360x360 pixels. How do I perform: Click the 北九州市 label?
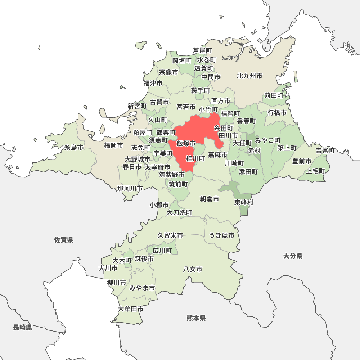point(249,76)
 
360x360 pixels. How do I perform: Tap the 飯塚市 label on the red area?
point(186,144)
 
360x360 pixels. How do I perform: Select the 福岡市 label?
point(113,145)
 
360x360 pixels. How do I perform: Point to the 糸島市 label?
point(74,148)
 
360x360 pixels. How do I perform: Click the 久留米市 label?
point(170,235)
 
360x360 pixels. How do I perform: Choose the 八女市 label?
point(193,269)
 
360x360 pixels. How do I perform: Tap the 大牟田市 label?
point(131,309)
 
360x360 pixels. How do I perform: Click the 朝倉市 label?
point(210,199)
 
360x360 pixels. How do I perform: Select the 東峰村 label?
point(244,202)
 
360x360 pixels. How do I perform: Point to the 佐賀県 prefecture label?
point(64,240)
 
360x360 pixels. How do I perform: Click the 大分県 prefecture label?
point(293,256)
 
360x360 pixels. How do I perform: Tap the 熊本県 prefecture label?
point(196,318)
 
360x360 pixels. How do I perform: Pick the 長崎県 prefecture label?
point(23,327)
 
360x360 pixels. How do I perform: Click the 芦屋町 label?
point(202,50)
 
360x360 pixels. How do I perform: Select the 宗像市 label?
point(168,72)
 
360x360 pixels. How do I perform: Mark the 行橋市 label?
point(277,113)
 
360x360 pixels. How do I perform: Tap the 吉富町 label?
point(325,150)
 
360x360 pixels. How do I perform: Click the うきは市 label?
point(222,235)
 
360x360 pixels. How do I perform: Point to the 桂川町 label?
point(195,158)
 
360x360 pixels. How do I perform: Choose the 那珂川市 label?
point(130,188)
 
